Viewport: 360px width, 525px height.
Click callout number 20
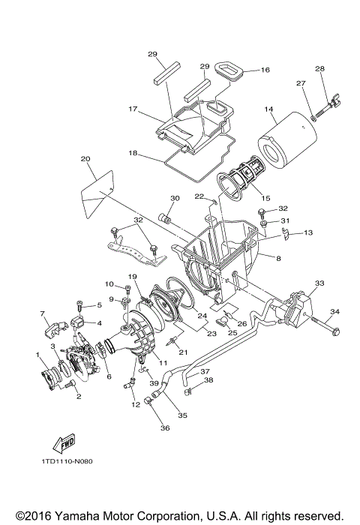[85, 159]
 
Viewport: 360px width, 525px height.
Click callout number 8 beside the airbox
[277, 259]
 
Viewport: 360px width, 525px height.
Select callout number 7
[43, 313]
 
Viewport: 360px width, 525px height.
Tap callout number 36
[164, 427]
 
